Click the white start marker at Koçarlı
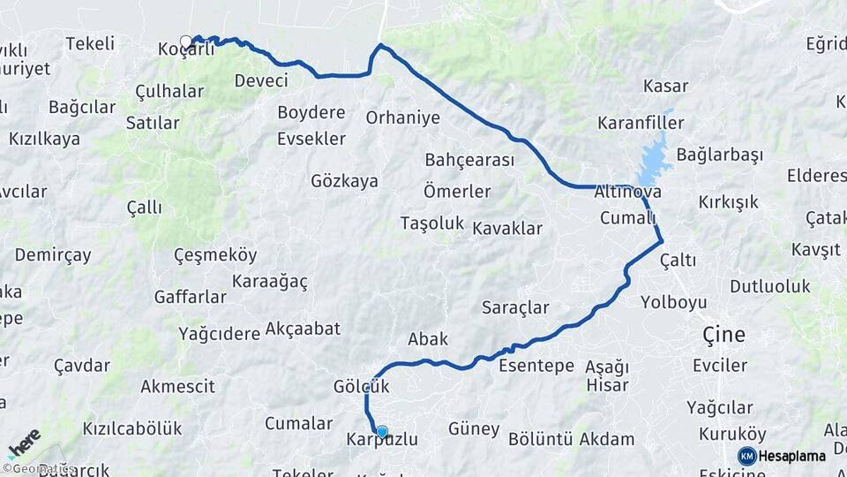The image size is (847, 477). pos(186,42)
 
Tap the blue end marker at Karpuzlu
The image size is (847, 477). pos(382,432)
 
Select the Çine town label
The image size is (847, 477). pos(723,335)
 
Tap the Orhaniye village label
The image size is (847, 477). pos(402,117)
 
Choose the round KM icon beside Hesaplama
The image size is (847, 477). pos(746,456)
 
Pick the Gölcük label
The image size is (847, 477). pos(362,387)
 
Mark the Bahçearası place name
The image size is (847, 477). pos(469,160)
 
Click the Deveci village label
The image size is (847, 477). pos(261,80)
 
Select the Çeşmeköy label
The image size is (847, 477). pos(215,255)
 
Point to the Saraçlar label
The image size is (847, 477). pos(515,307)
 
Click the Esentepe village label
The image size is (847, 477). pos(536,365)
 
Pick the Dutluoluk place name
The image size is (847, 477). pos(769,286)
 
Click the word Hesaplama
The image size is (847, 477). pos(792,456)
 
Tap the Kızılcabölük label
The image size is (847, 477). pos(132,428)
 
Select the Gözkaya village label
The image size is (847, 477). pos(344,181)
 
